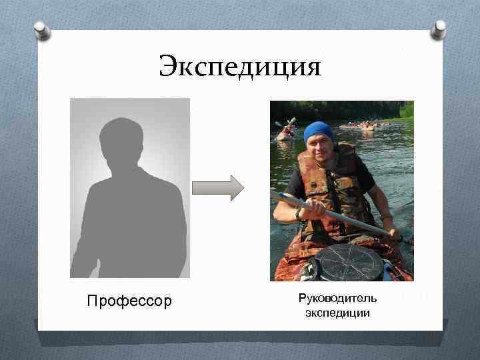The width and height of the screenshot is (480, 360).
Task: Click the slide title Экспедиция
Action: click(x=240, y=67)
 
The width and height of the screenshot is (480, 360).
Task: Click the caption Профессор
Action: click(x=129, y=301)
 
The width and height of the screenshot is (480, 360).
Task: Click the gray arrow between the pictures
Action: click(x=218, y=188)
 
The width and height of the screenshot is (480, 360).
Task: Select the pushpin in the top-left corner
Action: click(x=42, y=30)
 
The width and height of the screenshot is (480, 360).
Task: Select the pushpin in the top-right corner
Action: click(x=439, y=28)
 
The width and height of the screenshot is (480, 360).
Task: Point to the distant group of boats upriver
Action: click(x=363, y=125)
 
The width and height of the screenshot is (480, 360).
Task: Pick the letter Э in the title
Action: click(x=167, y=67)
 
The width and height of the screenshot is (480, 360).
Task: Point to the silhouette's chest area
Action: click(x=127, y=207)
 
